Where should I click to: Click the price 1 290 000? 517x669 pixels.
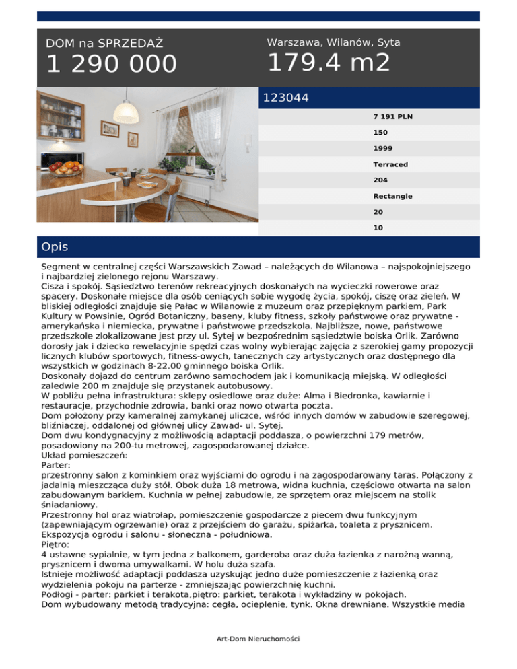pos(111,65)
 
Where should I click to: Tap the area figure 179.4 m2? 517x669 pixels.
pos(329,63)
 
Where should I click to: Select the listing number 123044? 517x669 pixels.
pos(286,98)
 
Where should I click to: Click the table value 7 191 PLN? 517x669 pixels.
pos(393,116)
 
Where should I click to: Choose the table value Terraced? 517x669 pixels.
pos(390,164)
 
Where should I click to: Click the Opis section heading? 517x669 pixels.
pos(55,247)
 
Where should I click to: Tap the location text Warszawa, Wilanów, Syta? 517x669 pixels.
pos(333,42)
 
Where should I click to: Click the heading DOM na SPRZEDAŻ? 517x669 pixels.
pos(104,44)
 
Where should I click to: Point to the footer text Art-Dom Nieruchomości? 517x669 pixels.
pos(258,637)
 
